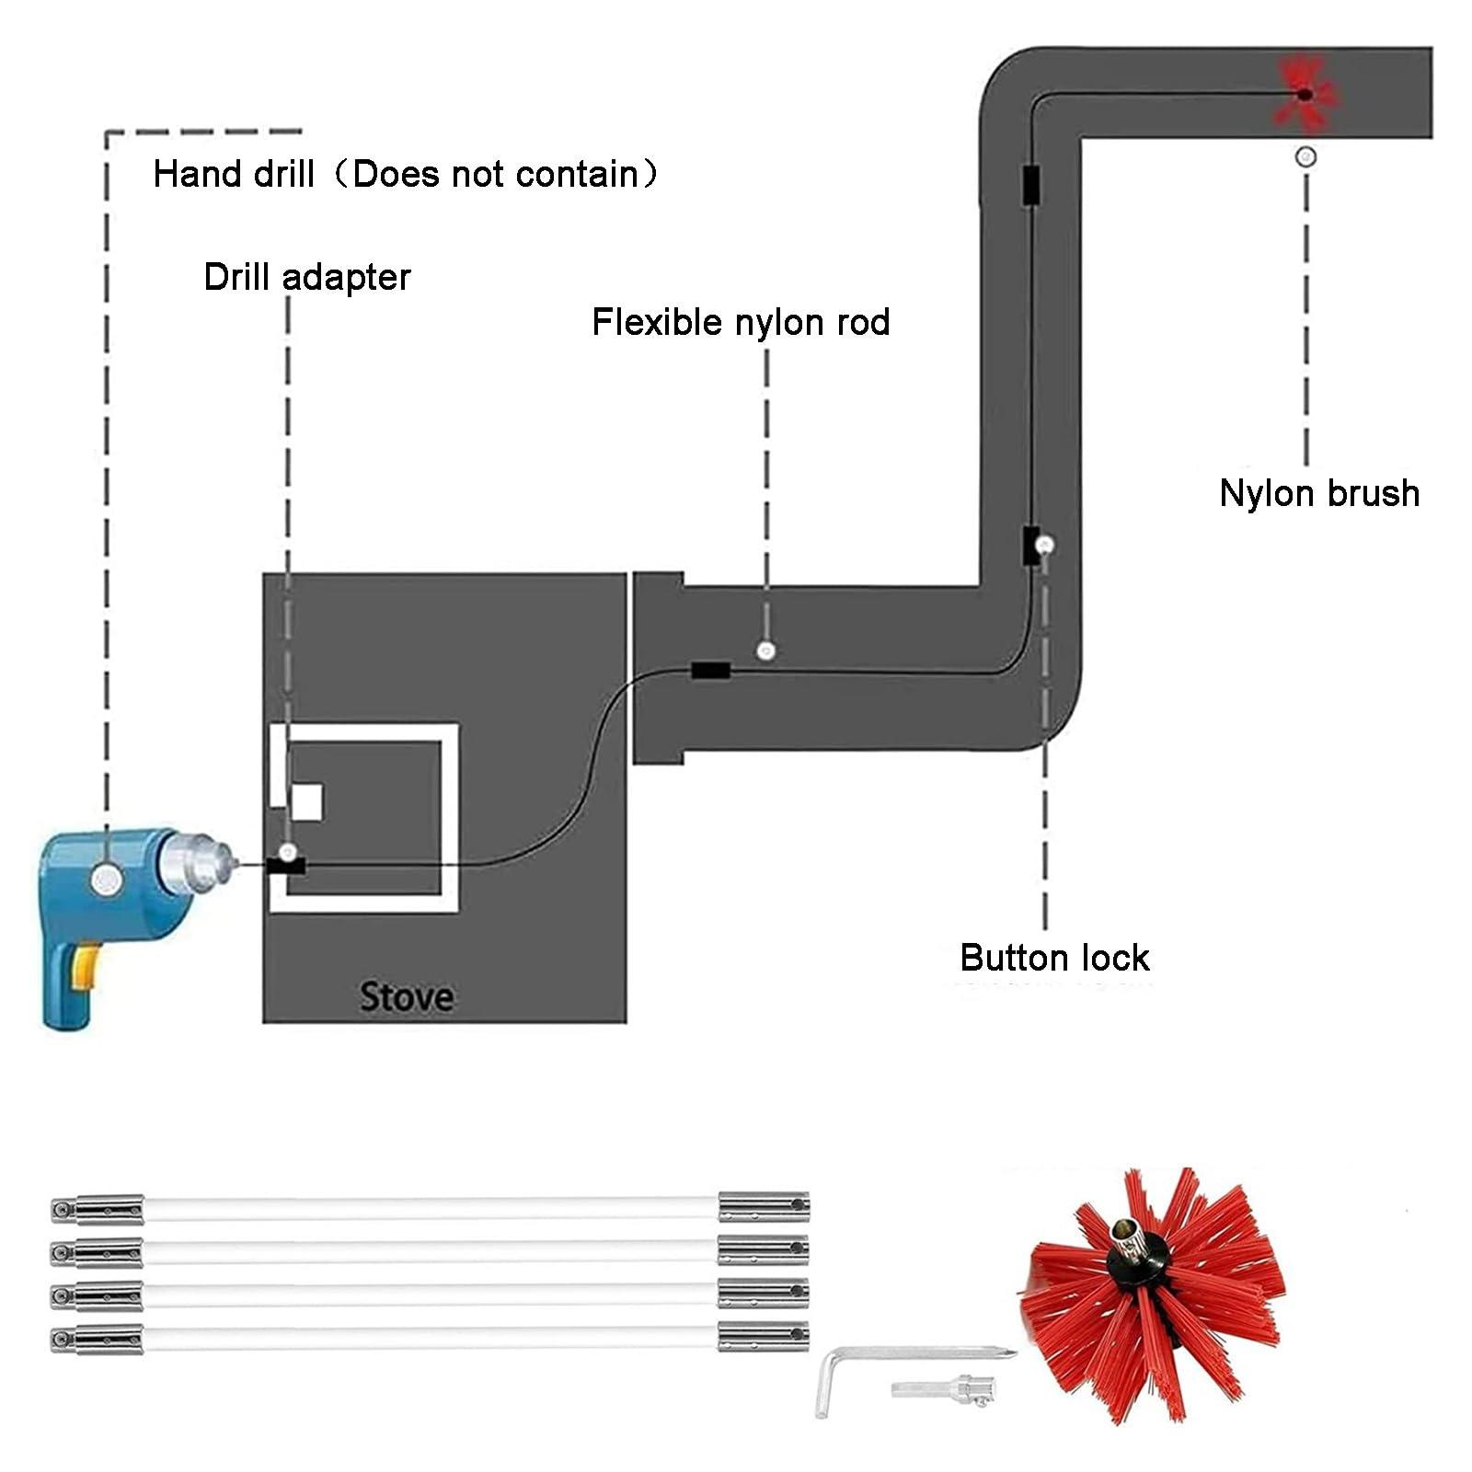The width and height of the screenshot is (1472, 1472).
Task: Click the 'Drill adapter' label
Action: (306, 278)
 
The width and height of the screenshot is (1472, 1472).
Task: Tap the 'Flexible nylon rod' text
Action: (741, 323)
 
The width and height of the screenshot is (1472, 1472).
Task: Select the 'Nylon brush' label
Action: (1318, 494)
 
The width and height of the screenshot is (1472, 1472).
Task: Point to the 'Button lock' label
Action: (1054, 959)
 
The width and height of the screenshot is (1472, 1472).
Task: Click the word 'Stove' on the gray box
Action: (406, 997)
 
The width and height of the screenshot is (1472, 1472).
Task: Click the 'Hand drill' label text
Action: (234, 175)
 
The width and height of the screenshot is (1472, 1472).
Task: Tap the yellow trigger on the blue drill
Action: (86, 969)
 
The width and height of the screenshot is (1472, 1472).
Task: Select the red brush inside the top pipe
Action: (1304, 93)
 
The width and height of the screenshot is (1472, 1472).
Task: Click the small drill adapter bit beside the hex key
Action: (940, 1388)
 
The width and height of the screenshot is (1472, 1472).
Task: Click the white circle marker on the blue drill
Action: (107, 880)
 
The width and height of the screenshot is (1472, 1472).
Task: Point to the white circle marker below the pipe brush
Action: (1305, 157)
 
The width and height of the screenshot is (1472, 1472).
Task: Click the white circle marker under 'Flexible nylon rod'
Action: (765, 651)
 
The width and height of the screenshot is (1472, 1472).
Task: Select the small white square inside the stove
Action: (306, 802)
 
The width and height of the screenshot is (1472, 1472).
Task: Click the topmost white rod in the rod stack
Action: (431, 1208)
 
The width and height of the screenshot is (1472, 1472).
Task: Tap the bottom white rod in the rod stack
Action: (431, 1338)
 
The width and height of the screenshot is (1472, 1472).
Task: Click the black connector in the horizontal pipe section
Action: (711, 671)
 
